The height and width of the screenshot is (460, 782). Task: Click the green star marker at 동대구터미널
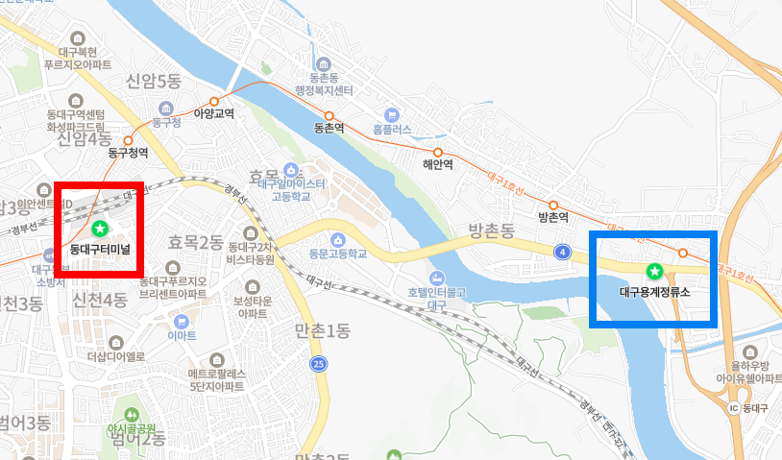click(100, 229)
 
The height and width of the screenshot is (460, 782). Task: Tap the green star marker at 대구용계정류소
click(655, 272)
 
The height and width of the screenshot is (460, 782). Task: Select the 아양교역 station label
click(214, 113)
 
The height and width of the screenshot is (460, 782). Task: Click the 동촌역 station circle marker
click(328, 115)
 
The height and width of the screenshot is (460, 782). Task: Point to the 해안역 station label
click(437, 164)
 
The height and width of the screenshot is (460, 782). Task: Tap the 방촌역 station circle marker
click(552, 205)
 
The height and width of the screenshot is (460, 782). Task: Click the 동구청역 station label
click(128, 153)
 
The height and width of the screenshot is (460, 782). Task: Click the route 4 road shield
click(561, 252)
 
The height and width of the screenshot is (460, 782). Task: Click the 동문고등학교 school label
click(338, 254)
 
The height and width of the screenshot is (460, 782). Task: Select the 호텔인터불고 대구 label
click(435, 297)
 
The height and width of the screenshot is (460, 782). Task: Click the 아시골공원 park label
click(132, 429)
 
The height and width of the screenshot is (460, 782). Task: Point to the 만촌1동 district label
click(324, 331)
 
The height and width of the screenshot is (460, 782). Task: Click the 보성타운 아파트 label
click(251, 306)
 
